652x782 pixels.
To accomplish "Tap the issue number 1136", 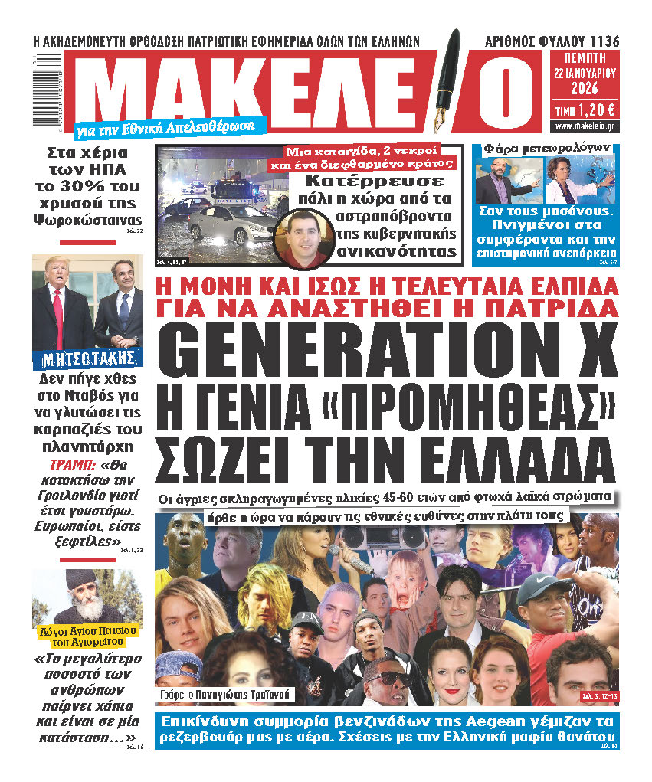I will tap(603, 41).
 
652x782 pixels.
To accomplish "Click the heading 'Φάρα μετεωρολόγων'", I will tap(546, 147).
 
